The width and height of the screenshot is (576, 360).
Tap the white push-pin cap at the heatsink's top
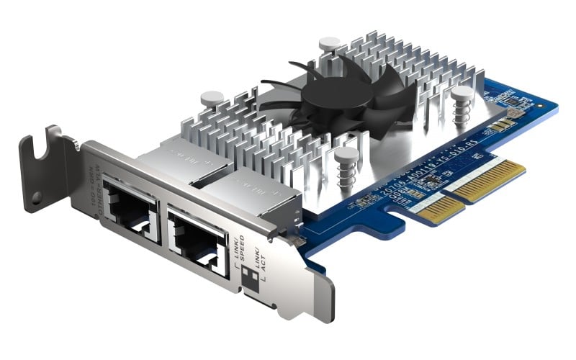pos(328,43)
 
